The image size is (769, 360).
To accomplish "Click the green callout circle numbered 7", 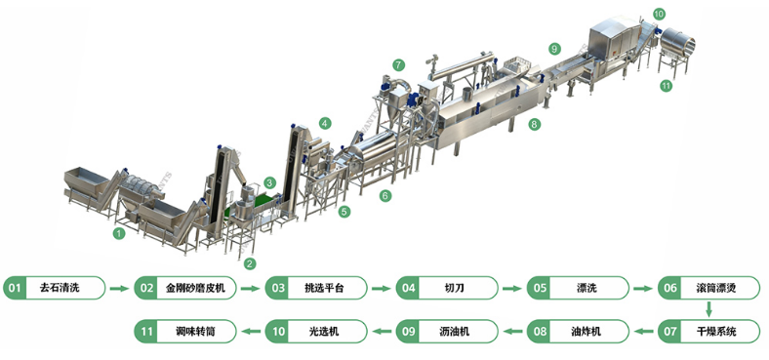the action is [399, 64].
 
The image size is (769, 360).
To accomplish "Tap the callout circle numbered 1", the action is [119, 233].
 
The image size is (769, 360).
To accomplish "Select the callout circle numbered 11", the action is [666, 85].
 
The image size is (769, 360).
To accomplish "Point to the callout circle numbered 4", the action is [325, 123].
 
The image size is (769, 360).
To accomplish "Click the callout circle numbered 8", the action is [534, 124].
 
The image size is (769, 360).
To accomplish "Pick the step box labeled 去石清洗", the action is [55, 288].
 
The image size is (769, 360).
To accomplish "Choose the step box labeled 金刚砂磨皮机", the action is [185, 288].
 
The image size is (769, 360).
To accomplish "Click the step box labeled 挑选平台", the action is [316, 288].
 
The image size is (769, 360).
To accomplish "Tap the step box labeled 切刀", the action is [447, 288].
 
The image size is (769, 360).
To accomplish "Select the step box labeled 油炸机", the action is [578, 331].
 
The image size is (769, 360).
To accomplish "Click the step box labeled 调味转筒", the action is [185, 331].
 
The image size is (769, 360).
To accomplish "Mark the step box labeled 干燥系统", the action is [708, 331].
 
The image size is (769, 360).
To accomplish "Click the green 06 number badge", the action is [669, 288].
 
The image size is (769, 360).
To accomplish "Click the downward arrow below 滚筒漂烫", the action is [708, 309].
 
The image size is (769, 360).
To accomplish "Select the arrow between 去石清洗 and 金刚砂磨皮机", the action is [120, 289].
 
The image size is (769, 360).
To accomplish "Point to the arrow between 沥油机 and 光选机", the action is [382, 332].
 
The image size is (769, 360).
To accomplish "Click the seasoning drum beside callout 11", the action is [678, 43].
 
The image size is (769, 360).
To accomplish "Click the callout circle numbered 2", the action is [250, 263].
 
